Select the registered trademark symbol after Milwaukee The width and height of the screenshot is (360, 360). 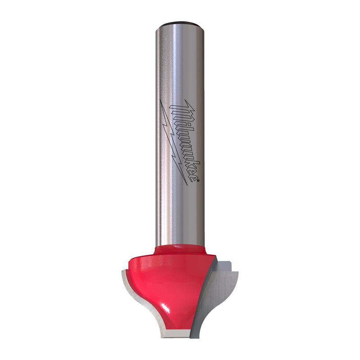pyautogui.click(x=194, y=180)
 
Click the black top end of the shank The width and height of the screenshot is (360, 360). pyautogui.click(x=180, y=22)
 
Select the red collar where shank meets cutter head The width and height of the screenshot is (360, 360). pyautogui.click(x=180, y=247)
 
